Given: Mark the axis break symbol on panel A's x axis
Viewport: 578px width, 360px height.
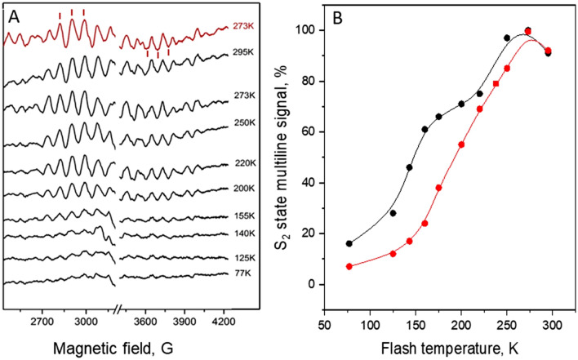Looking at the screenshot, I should (119, 309).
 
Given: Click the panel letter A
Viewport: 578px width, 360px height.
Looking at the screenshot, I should (13, 12).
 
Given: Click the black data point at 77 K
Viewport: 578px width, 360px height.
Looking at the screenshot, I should (349, 243).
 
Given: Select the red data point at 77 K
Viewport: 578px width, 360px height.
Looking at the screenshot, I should (349, 266).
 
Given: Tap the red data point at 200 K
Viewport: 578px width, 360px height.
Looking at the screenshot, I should (461, 144).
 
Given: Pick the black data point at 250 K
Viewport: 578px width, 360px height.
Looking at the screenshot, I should (507, 38).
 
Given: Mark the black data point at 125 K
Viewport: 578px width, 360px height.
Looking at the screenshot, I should (393, 213).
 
